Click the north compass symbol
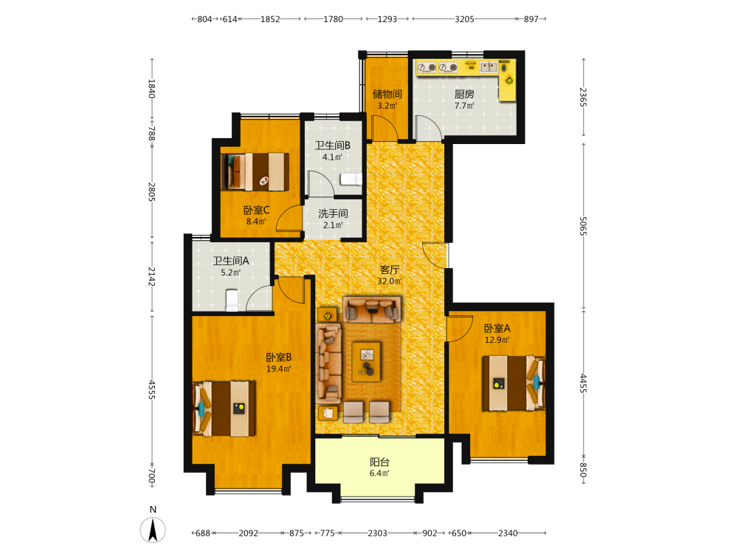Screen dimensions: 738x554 tap(153, 530)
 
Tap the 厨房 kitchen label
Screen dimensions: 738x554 tap(464, 95)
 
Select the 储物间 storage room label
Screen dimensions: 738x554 tap(387, 95)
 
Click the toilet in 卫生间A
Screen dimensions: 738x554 tap(232, 300)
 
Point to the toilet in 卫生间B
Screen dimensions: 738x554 tap(351, 179)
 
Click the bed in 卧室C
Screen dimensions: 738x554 tap(255, 171)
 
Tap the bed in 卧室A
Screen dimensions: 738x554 tap(514, 383)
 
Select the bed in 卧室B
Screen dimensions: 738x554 tap(224, 408)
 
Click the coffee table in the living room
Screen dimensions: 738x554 tap(366, 361)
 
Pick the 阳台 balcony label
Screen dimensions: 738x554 tap(379, 462)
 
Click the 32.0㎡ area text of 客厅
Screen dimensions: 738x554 tap(389, 281)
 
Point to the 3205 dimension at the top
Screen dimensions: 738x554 tap(464, 19)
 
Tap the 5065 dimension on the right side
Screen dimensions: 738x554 tap(583, 226)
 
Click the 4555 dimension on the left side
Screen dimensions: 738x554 tap(151, 390)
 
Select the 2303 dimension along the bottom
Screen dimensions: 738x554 tap(377, 533)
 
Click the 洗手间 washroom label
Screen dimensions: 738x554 tap(334, 214)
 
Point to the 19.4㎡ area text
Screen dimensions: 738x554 tap(279, 369)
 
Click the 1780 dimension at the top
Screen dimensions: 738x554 tap(333, 19)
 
